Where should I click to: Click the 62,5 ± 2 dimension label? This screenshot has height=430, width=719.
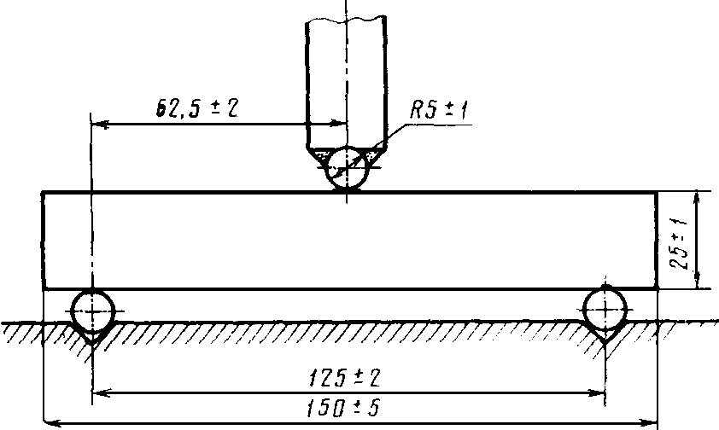point(197,109)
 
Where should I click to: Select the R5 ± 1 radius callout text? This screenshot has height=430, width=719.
point(439,110)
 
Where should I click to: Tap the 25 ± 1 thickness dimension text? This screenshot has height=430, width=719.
point(679,244)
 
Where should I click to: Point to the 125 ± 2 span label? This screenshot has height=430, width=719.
point(344,378)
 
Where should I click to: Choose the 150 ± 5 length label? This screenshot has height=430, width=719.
point(343,408)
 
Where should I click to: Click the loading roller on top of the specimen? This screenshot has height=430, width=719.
point(348,168)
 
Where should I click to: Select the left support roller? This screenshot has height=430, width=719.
point(92,311)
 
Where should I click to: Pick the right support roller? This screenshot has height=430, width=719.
point(605,310)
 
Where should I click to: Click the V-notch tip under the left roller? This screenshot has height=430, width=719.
point(92,345)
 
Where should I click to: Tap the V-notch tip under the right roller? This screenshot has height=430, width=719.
point(605,344)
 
